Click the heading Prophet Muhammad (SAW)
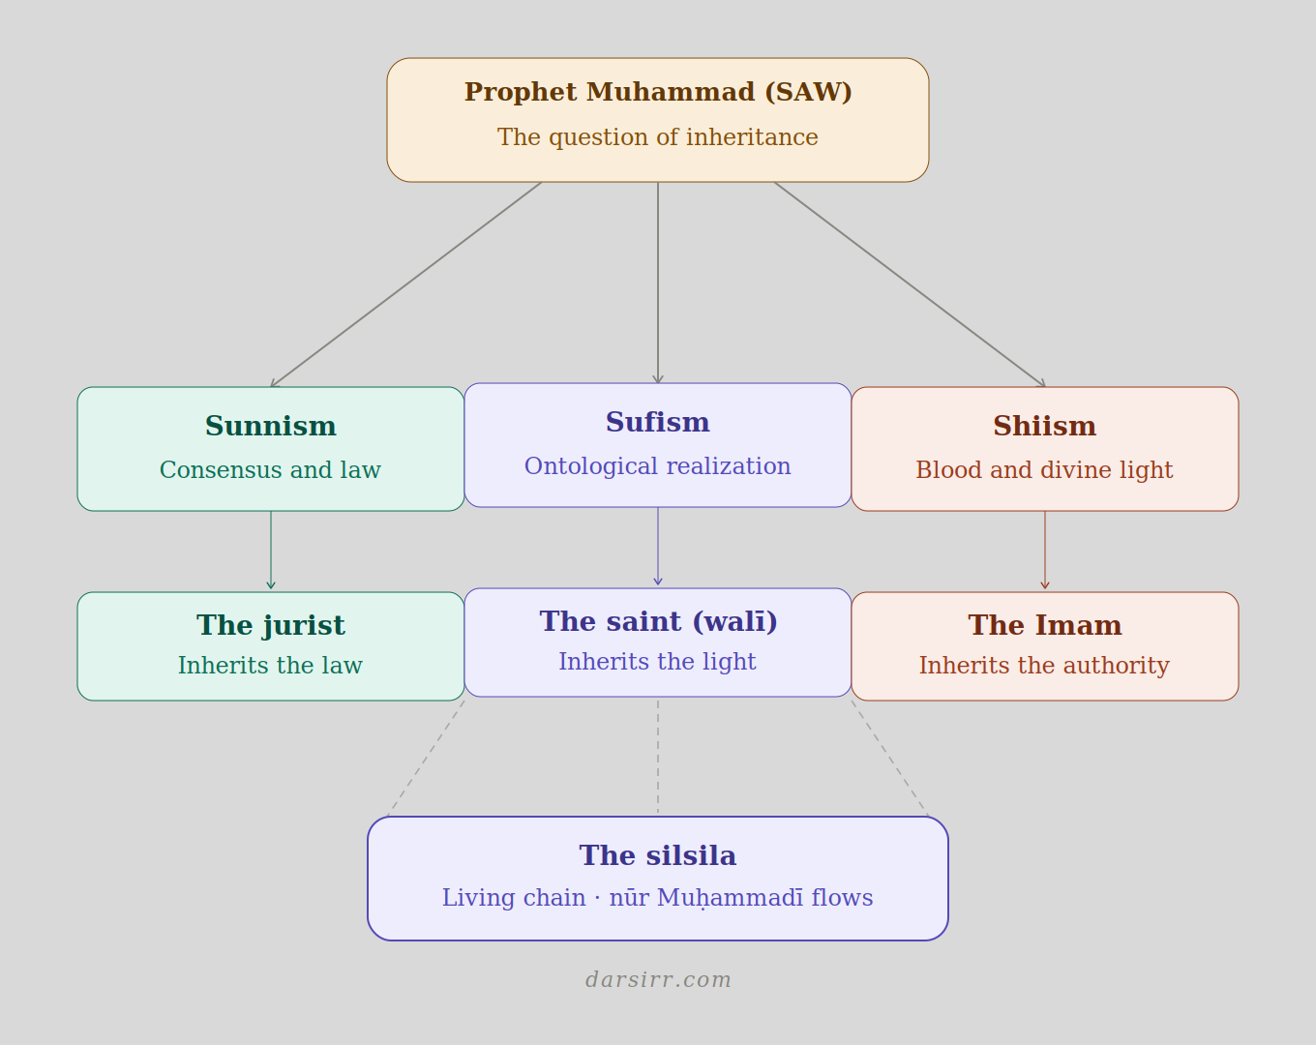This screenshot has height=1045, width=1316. click(658, 92)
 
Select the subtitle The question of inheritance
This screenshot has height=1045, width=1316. click(658, 137)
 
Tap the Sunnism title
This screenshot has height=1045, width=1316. click(271, 426)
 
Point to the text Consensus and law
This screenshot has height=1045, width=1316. click(270, 470)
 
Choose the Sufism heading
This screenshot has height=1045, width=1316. click(658, 422)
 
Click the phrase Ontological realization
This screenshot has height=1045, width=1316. click(658, 466)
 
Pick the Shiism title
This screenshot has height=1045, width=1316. click(1045, 426)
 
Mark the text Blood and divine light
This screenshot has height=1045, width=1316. click(1044, 470)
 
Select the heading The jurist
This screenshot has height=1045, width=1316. click(271, 625)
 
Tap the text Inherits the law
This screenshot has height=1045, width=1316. click(270, 666)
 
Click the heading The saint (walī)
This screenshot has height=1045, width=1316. click(658, 621)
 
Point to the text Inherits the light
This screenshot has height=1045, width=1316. click(657, 662)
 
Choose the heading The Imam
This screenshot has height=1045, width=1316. click(1045, 625)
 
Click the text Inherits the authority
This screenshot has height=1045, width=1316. click(1044, 666)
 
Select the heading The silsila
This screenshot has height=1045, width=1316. click(658, 855)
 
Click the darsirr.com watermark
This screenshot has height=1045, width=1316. click(658, 979)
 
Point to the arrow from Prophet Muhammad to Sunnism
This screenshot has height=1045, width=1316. click(406, 284)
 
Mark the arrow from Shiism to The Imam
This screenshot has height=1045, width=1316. click(1045, 550)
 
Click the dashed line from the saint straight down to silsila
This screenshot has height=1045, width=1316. click(658, 757)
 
